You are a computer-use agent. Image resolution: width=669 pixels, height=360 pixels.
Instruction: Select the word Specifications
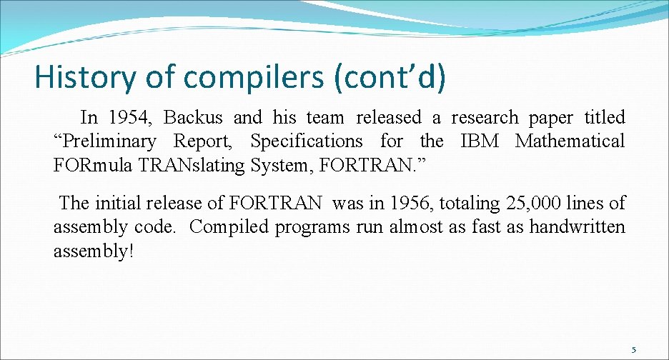point(307,141)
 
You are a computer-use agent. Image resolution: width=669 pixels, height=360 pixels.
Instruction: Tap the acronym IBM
point(480,141)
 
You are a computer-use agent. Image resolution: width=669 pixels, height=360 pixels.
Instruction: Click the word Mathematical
point(570,141)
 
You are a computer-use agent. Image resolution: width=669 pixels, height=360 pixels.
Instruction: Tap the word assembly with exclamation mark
point(94,251)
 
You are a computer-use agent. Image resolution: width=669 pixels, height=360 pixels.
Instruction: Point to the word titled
point(604,117)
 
